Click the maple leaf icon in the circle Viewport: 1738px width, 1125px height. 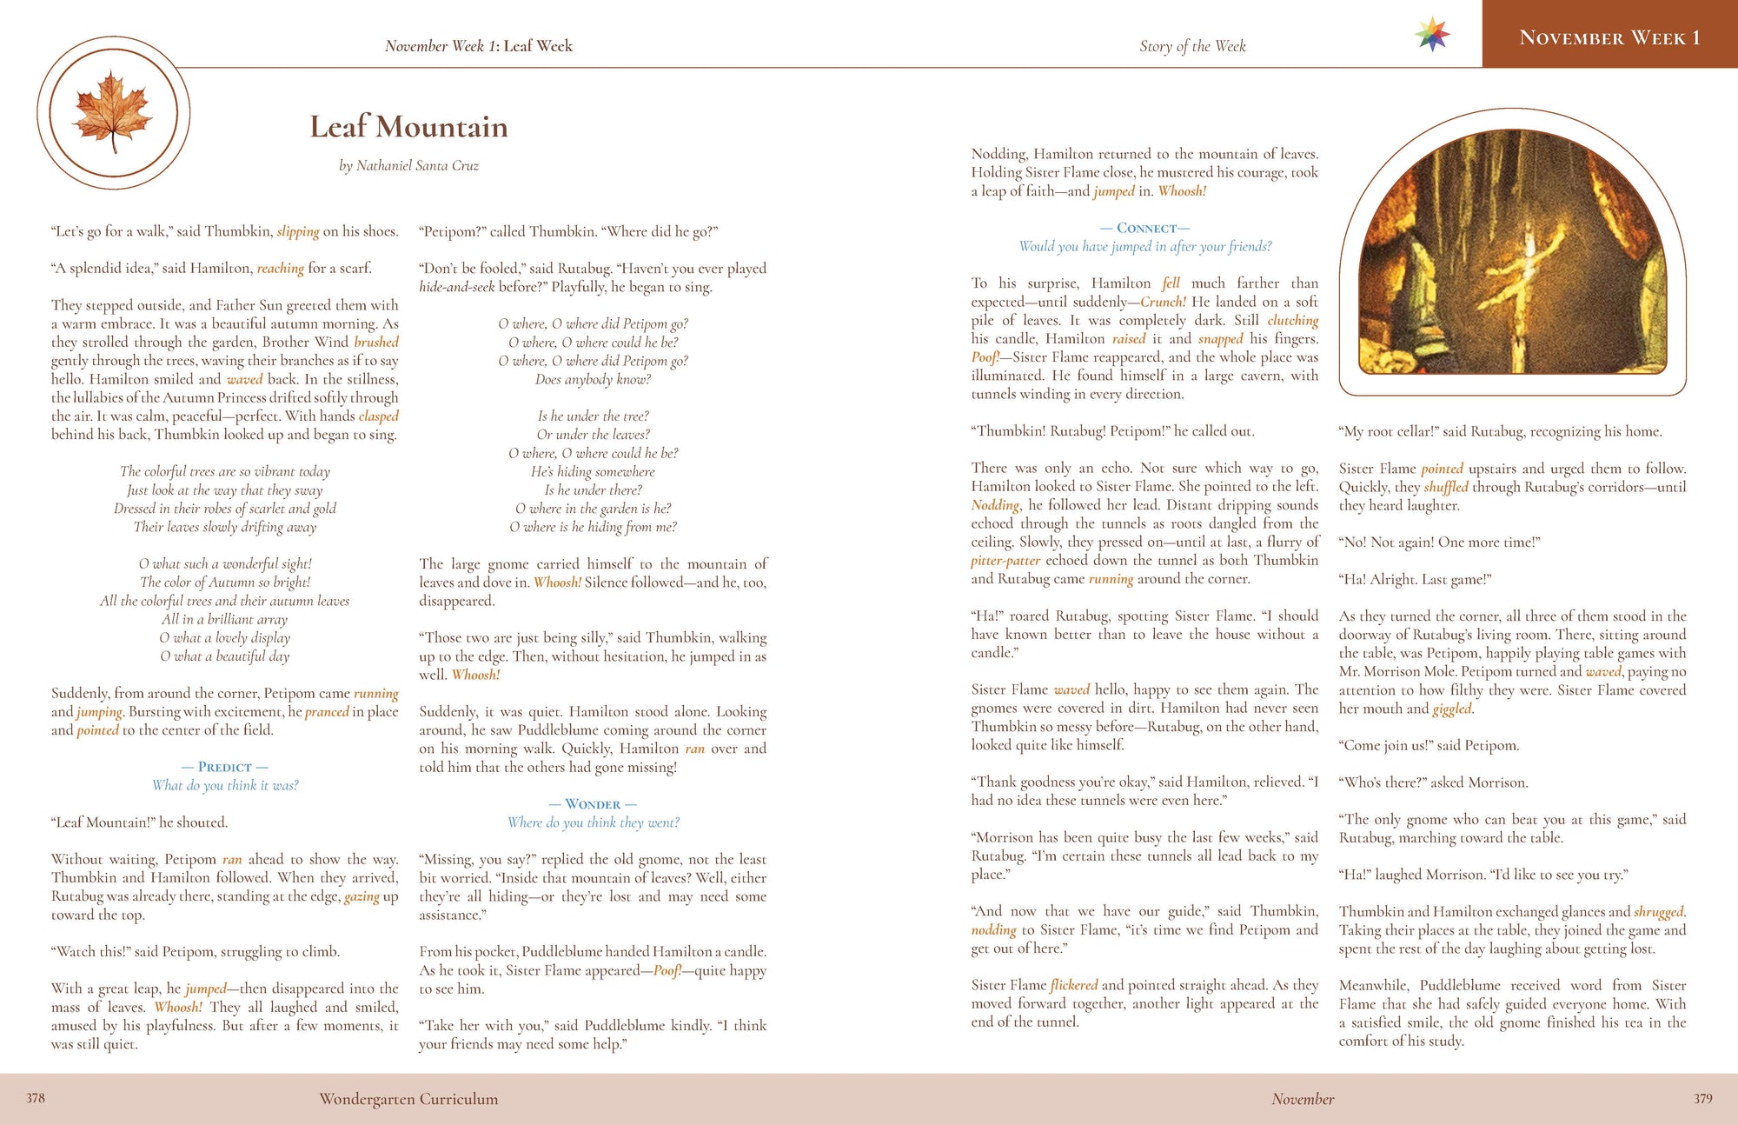point(113,113)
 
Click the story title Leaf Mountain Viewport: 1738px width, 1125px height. point(408,127)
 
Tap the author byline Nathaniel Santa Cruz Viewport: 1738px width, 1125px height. point(408,166)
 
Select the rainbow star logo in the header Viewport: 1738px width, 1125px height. point(1432,36)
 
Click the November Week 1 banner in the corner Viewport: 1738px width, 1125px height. point(1609,37)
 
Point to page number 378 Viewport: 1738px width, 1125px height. point(36,1098)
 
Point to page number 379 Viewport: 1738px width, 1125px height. point(1702,1099)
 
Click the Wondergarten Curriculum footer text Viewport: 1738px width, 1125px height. point(408,1099)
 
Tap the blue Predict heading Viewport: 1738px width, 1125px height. point(224,767)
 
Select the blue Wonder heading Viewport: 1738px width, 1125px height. point(593,804)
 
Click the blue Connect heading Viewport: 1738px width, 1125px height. point(1145,228)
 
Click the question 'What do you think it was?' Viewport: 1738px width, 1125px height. point(225,785)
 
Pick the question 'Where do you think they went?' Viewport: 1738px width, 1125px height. point(594,822)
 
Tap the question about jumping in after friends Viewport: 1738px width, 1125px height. point(1145,247)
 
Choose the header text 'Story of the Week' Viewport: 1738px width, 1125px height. point(1192,46)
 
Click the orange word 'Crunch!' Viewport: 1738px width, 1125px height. point(1163,302)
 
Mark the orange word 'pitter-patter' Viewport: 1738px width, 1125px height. point(1005,561)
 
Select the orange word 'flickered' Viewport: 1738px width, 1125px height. point(1074,985)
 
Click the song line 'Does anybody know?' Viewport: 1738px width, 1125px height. point(593,379)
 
